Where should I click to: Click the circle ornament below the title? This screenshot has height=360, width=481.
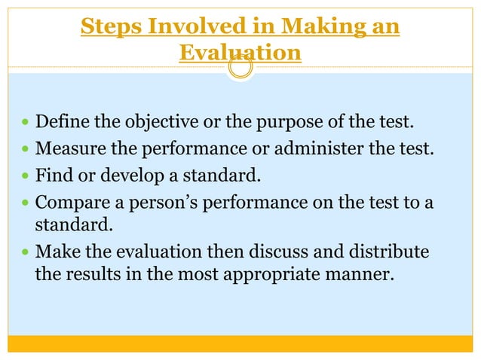[x=240, y=69]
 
